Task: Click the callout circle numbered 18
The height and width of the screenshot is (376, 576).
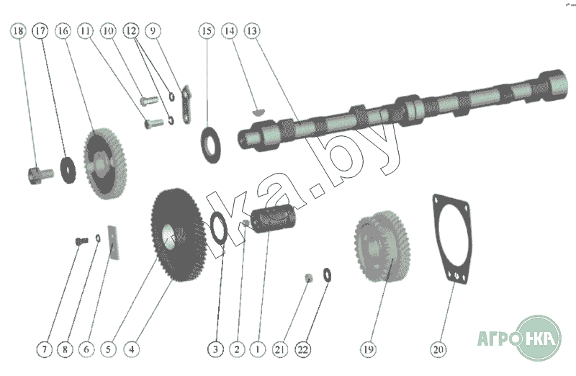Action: coord(18,30)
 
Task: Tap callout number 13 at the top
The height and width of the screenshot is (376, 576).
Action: coord(252,30)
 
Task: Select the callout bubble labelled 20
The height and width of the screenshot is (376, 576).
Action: coord(438,349)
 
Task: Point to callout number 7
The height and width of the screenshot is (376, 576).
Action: coord(45,349)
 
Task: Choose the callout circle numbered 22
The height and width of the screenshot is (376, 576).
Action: coord(302,349)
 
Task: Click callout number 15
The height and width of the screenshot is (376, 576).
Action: coord(207,30)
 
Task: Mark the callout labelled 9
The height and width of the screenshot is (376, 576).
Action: coord(153,30)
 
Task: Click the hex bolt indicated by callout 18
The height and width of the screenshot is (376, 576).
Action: coord(40,174)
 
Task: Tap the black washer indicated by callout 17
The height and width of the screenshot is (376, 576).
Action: coord(68,170)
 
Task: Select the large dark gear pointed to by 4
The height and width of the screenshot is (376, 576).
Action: coord(178,235)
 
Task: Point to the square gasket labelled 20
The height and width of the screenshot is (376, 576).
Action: coord(452,238)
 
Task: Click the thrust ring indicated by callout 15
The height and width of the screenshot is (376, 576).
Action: coord(211,145)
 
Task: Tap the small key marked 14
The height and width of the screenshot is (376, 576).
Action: coord(258,112)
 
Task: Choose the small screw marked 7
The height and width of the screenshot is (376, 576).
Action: coord(81,241)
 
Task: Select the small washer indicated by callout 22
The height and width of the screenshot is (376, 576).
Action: coord(327,275)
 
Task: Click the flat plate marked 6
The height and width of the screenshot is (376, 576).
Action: coord(114,243)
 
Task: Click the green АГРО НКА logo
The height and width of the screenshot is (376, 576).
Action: coord(519,338)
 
